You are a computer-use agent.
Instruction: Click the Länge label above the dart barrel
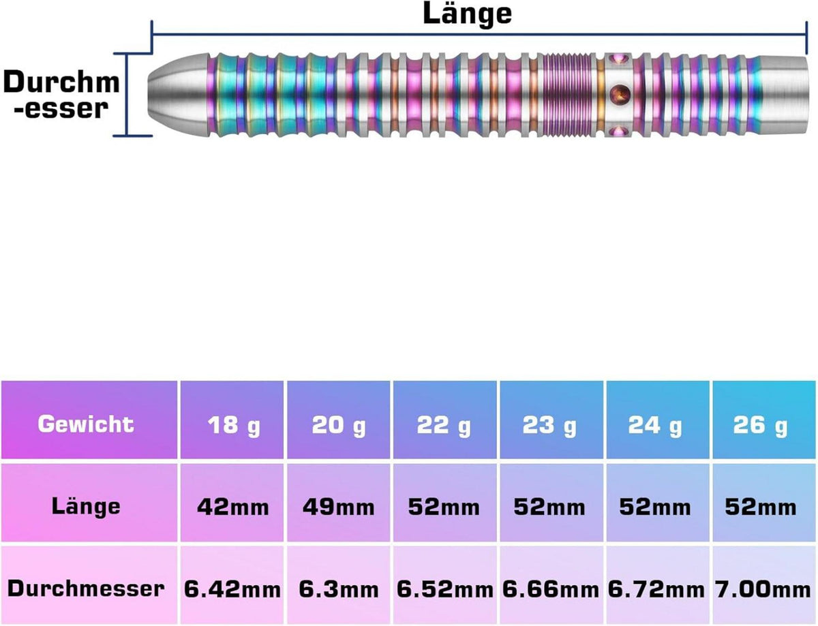click(x=467, y=14)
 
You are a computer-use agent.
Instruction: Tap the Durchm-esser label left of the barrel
click(x=61, y=95)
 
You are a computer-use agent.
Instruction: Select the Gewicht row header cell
click(x=89, y=420)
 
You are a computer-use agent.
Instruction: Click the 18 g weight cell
click(x=232, y=420)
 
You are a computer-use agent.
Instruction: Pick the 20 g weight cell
click(x=338, y=420)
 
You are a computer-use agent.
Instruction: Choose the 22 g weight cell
click(x=444, y=420)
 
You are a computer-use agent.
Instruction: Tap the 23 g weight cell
click(x=551, y=420)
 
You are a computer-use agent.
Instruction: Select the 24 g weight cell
click(x=658, y=420)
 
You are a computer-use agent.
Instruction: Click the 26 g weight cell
click(x=764, y=420)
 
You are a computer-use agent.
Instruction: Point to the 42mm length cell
click(x=232, y=502)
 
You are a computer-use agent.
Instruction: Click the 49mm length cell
click(x=338, y=502)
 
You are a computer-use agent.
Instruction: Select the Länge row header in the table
click(x=89, y=502)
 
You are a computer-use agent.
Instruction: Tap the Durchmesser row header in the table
click(x=89, y=584)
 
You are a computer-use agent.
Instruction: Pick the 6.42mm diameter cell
click(x=232, y=584)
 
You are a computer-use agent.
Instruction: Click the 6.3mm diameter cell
click(x=338, y=584)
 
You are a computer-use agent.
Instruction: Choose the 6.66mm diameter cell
click(x=551, y=584)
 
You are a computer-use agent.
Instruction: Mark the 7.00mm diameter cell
click(x=764, y=584)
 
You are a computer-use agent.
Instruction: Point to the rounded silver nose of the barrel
click(x=177, y=94)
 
